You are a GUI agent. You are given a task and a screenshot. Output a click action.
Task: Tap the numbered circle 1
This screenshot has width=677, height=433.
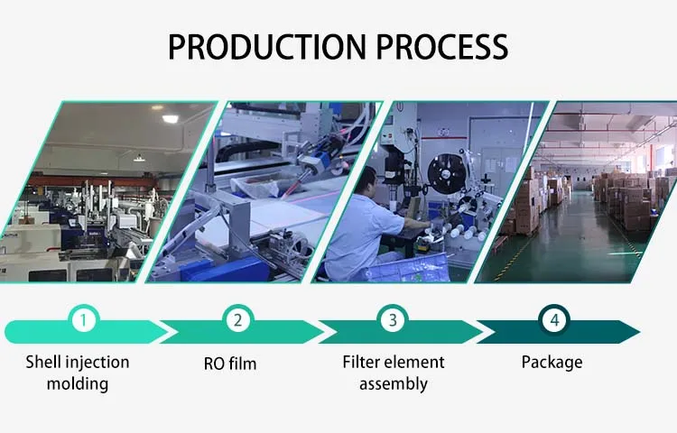[82, 319]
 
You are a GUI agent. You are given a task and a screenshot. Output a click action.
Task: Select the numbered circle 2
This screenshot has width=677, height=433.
[237, 319]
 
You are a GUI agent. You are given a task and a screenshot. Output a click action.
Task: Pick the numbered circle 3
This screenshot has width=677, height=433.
[393, 319]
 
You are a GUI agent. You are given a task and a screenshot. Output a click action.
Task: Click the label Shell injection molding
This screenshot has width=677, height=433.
[78, 373]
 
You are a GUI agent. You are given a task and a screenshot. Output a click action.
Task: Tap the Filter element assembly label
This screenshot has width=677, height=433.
[393, 373]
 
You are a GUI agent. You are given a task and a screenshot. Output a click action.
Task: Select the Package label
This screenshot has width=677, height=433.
[552, 363]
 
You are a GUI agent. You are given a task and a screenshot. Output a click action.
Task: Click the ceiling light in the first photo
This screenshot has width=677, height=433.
[169, 118]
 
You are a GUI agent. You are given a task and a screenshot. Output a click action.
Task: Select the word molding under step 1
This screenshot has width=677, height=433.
[79, 383]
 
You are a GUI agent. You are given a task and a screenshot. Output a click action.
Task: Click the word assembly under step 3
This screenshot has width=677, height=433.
[393, 383]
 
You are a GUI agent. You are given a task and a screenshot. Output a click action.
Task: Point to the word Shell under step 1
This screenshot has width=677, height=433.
[43, 362]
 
